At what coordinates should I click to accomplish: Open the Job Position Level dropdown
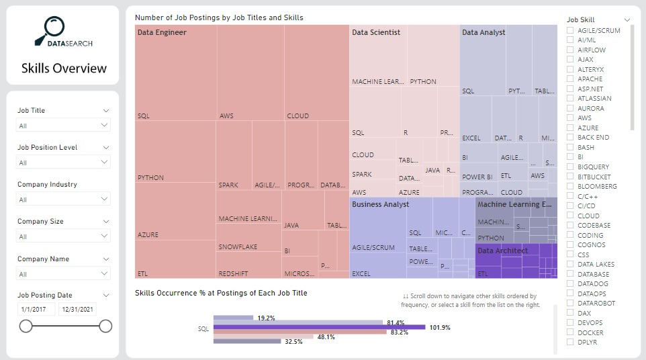63,163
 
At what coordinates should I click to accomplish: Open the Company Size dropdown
63,236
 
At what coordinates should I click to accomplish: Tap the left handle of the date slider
26,326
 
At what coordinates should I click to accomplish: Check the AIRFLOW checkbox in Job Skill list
570,50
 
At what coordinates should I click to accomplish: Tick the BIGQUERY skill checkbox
570,167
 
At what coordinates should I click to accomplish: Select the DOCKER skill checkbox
570,332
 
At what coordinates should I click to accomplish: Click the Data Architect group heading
502,251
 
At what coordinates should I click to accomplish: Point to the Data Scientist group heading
376,32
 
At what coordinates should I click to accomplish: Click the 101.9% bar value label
439,328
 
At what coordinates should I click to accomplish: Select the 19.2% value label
267,318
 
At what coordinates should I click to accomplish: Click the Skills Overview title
64,68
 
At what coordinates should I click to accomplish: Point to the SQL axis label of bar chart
203,329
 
